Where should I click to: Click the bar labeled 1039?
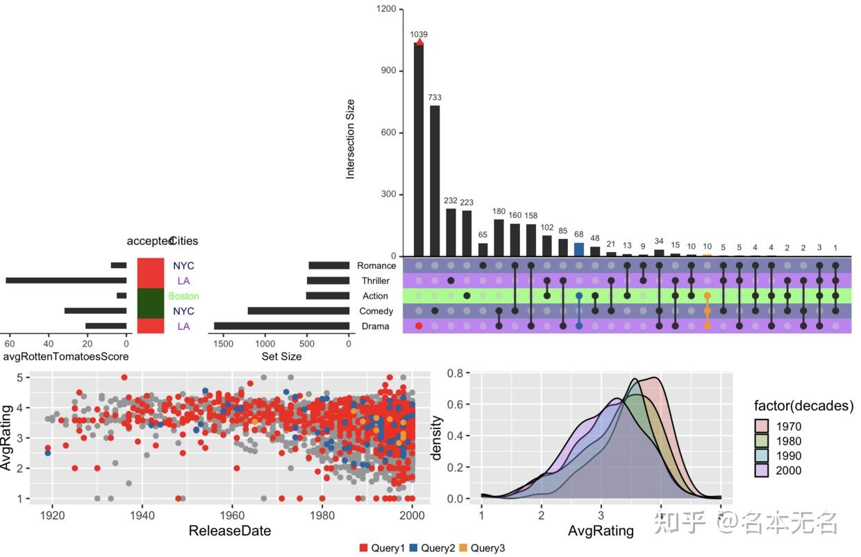tap(419, 149)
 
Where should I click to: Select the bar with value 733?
tap(435, 181)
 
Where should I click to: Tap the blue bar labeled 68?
tap(579, 249)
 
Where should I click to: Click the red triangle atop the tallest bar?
tap(419, 42)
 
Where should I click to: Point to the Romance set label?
tap(376, 265)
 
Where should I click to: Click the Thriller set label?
tap(376, 281)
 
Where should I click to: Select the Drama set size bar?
tap(281, 326)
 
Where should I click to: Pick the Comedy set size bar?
tap(298, 311)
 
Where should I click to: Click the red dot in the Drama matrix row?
tap(419, 326)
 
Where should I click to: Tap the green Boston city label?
tap(183, 296)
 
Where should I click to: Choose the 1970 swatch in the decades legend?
tap(763, 426)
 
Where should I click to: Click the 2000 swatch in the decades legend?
tap(763, 470)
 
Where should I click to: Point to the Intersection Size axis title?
tap(351, 139)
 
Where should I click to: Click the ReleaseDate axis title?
tap(229, 531)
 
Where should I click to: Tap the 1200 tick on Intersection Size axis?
tap(387, 9)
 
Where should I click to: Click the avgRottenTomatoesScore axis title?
tap(66, 356)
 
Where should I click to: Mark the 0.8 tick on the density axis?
tap(455, 373)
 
